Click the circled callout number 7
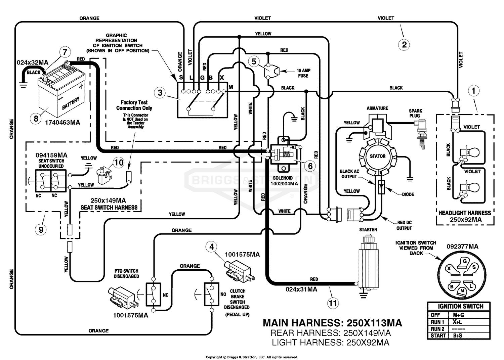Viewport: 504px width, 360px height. tap(65, 52)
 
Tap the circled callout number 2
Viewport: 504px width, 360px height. tap(404, 45)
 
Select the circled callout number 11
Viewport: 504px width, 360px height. tap(333, 303)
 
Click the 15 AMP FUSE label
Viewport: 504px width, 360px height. tap(303, 73)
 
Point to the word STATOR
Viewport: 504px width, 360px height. tap(378, 156)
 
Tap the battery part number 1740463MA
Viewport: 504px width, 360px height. tap(62, 123)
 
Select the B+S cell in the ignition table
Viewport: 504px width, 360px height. tap(457, 335)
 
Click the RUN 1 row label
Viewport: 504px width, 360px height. tap(437, 322)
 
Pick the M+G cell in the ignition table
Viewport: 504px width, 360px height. tap(459, 315)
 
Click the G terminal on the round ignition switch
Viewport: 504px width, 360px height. tap(464, 263)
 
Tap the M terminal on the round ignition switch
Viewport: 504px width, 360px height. tap(462, 291)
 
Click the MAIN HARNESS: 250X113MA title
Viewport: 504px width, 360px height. tap(332, 323)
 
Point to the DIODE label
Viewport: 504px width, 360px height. tap(408, 194)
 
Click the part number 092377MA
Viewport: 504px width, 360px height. tap(462, 247)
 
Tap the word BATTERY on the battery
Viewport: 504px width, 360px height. tap(71, 103)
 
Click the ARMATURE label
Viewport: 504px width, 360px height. tap(377, 108)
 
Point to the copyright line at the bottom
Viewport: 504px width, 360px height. tap(252, 357)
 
